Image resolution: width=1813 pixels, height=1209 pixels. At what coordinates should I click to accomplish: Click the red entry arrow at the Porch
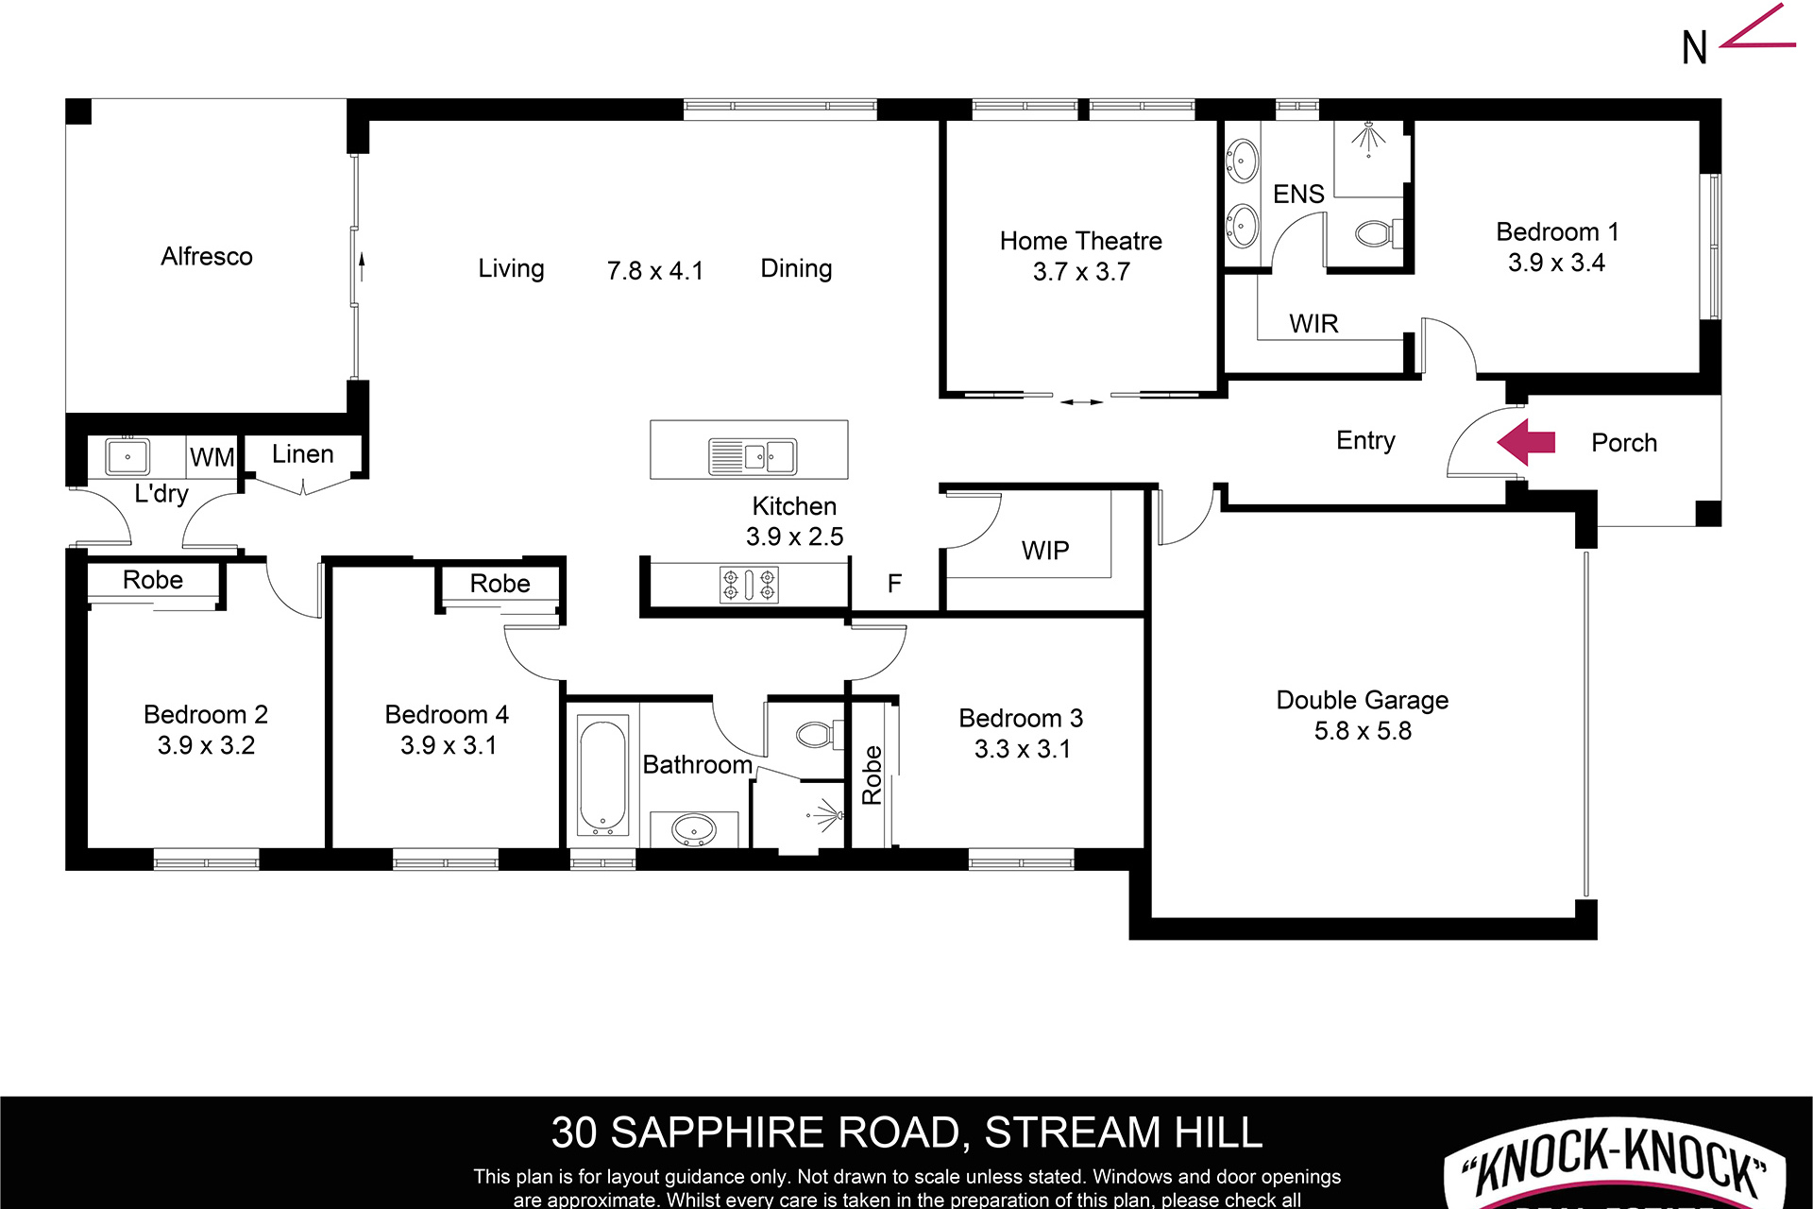point(1526,442)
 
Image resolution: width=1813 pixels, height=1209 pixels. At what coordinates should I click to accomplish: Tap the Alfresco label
point(206,256)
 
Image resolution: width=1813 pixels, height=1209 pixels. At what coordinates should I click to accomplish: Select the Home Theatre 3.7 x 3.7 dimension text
point(1081,272)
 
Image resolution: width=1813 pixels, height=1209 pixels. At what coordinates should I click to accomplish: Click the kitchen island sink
point(753,456)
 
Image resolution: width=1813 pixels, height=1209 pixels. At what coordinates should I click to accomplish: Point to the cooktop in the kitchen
point(749,585)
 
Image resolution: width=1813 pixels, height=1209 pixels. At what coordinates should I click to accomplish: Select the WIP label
point(1045,551)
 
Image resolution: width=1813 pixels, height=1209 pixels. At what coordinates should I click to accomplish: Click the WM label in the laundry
point(212,458)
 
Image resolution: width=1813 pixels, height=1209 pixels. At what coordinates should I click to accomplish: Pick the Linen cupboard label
point(302,454)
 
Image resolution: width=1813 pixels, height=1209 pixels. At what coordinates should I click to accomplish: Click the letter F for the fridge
point(894,584)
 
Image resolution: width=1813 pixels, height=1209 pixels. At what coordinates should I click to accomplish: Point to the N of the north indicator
point(1694,48)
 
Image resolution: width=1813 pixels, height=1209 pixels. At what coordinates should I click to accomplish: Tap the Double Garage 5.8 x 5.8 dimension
point(1363,731)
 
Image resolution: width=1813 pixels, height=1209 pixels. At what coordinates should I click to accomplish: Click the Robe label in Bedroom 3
point(872,775)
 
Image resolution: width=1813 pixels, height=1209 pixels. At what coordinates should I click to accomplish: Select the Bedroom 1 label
point(1557,232)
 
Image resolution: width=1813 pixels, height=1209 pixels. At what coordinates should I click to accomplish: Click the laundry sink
point(127,457)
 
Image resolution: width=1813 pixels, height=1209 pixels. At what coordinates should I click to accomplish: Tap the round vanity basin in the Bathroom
point(693,830)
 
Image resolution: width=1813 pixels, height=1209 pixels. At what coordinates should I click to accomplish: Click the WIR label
point(1313,324)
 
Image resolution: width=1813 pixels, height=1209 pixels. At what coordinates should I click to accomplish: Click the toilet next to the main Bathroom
point(813,734)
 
